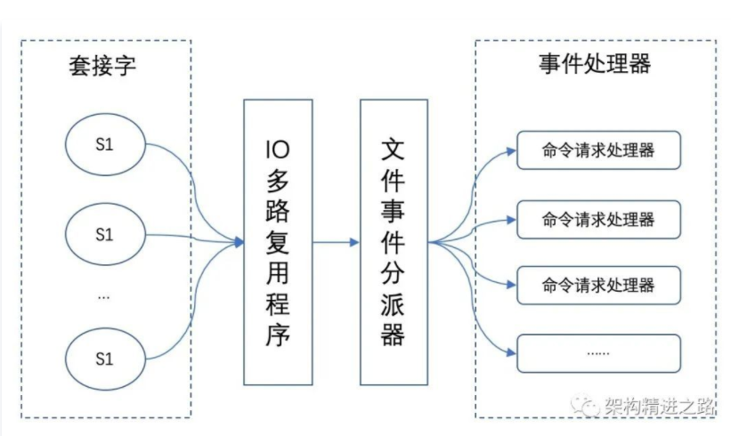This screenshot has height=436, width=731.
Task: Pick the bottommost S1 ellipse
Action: [104, 359]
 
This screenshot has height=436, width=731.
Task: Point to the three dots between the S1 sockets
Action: [104, 296]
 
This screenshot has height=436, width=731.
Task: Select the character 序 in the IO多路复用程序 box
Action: [277, 336]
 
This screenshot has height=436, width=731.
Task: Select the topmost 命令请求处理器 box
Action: [598, 150]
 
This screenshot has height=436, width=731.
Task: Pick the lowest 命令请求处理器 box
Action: [598, 285]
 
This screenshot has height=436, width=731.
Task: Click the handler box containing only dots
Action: [598, 352]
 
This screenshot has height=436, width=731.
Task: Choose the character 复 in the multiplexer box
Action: [277, 242]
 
